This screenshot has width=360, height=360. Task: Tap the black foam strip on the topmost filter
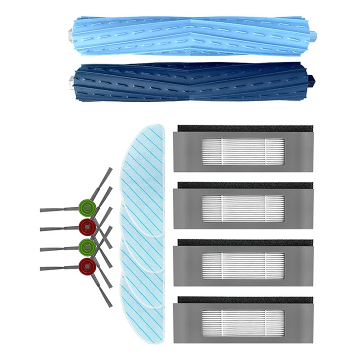(x=243, y=129)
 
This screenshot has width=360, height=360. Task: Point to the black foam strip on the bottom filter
(x=243, y=299)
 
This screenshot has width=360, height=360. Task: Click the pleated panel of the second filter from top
(x=243, y=208)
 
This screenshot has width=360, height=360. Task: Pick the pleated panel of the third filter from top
(x=243, y=265)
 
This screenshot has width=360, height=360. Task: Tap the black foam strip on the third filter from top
(x=243, y=243)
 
